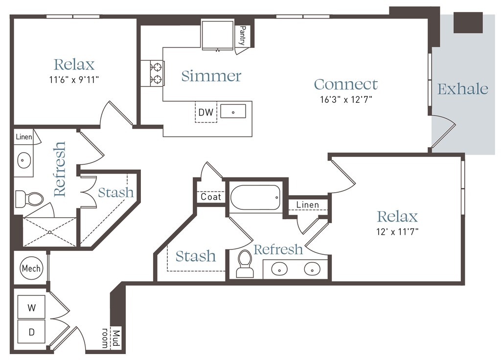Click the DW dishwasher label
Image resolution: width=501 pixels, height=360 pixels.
click(x=206, y=112)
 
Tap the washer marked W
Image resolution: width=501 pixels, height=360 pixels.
click(x=31, y=307)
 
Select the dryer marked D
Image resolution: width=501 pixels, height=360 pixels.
click(x=31, y=332)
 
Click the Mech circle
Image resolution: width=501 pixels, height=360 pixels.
click(x=31, y=268)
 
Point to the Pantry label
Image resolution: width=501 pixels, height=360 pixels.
click(x=243, y=36)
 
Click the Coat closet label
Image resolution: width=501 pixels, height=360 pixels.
click(x=210, y=197)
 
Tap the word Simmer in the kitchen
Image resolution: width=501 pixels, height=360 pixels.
click(x=211, y=76)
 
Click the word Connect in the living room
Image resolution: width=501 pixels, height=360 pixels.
click(x=346, y=84)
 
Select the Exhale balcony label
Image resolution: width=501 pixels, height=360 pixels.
click(x=463, y=89)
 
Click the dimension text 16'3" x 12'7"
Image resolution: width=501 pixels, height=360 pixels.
click(x=346, y=100)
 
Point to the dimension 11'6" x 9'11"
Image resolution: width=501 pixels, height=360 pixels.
click(x=74, y=80)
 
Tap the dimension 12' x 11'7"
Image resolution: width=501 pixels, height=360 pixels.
click(x=397, y=231)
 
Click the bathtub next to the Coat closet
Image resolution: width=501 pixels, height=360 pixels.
click(x=255, y=198)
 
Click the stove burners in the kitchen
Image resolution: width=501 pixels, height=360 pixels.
click(x=157, y=73)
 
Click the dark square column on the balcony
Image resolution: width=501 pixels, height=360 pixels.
click(x=468, y=22)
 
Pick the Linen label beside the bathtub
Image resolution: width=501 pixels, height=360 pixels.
click(x=307, y=204)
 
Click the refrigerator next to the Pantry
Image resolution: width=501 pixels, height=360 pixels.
click(x=217, y=35)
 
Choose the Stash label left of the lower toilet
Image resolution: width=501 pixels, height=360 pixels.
click(x=196, y=256)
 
